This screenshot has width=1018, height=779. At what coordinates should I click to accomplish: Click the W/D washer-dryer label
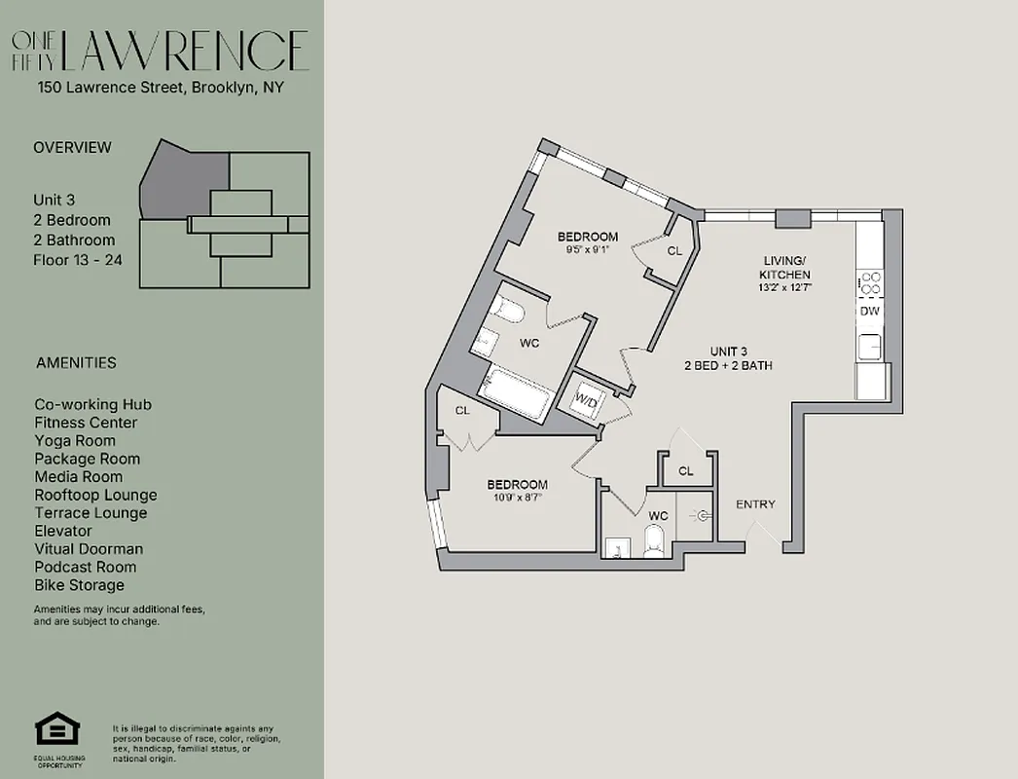pyautogui.click(x=586, y=399)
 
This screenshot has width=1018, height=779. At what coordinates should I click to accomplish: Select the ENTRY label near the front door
pyautogui.click(x=755, y=504)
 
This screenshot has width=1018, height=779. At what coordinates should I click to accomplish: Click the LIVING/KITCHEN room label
pyautogui.click(x=785, y=268)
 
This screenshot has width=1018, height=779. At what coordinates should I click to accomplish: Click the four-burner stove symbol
pyautogui.click(x=871, y=283)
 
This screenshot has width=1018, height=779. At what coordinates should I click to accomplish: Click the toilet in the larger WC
pyautogui.click(x=507, y=312)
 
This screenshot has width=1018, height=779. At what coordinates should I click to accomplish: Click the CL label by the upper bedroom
pyautogui.click(x=675, y=250)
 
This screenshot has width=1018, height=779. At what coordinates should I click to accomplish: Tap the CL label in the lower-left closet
pyautogui.click(x=462, y=411)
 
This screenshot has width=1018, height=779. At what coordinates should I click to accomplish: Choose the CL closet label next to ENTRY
pyautogui.click(x=686, y=471)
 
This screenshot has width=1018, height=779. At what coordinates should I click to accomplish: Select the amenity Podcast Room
pyautogui.click(x=85, y=567)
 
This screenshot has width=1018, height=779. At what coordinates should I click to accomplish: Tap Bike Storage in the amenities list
pyautogui.click(x=79, y=585)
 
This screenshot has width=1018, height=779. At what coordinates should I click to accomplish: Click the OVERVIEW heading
pyautogui.click(x=72, y=148)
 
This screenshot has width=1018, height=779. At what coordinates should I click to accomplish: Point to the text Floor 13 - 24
pyautogui.click(x=78, y=260)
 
